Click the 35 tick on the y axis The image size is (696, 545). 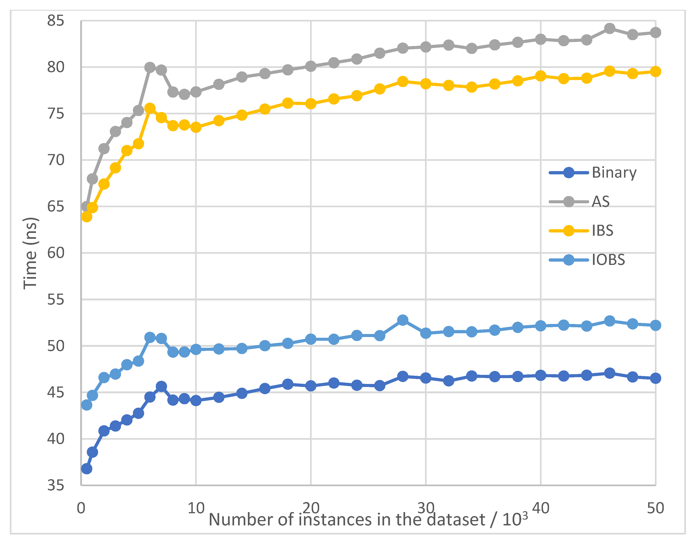(56, 485)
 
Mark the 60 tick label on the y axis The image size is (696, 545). (56, 253)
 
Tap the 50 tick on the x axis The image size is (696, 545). (655, 508)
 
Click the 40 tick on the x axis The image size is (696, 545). (540, 508)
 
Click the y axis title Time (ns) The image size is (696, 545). (31, 253)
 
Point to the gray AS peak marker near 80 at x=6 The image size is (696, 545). (150, 67)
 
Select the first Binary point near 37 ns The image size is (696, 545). (86, 469)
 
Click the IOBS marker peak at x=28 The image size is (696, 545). (403, 320)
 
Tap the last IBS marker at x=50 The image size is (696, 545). (655, 71)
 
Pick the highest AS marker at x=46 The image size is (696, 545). (610, 28)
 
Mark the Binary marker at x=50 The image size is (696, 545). (655, 378)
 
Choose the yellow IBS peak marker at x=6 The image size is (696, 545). (150, 109)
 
